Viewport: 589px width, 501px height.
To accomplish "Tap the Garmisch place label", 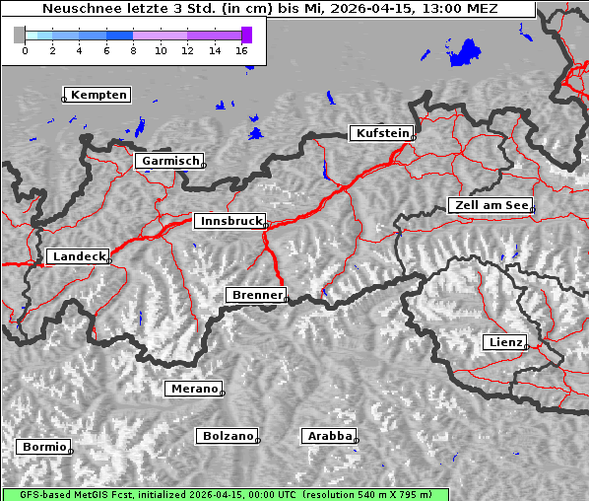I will pos(170,161).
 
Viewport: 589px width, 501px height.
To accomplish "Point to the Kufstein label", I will pos(382,133).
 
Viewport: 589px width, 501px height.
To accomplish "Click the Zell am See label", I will pos(490,205).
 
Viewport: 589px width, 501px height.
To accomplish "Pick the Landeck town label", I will pos(78,256).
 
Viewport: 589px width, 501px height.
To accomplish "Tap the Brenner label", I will pos(256,295).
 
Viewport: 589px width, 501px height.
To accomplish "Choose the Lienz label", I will pos(505,342).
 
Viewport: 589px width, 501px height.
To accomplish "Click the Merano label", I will pos(193,389).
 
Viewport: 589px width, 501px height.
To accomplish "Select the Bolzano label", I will pos(228,436).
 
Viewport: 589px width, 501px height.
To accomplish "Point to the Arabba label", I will pos(328,436).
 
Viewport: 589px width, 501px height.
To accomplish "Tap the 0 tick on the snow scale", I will pos(25,49).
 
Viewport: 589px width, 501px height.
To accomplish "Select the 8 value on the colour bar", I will pos(133,49).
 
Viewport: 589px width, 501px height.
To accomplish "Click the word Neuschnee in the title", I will pos(80,9).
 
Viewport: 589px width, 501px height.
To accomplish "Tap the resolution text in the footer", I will pos(374,494).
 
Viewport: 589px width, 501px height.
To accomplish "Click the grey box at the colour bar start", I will pos(20,35).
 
